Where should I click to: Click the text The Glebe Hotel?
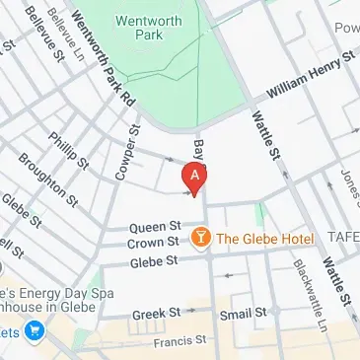click(x=264, y=239)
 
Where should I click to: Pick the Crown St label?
click(x=158, y=242)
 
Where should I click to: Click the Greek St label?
click(x=156, y=313)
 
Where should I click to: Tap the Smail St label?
click(x=243, y=313)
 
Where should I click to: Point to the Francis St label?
click(x=176, y=342)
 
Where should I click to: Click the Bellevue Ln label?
click(x=63, y=31)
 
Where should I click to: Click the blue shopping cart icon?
click(x=36, y=331)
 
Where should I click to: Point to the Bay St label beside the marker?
click(x=199, y=151)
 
